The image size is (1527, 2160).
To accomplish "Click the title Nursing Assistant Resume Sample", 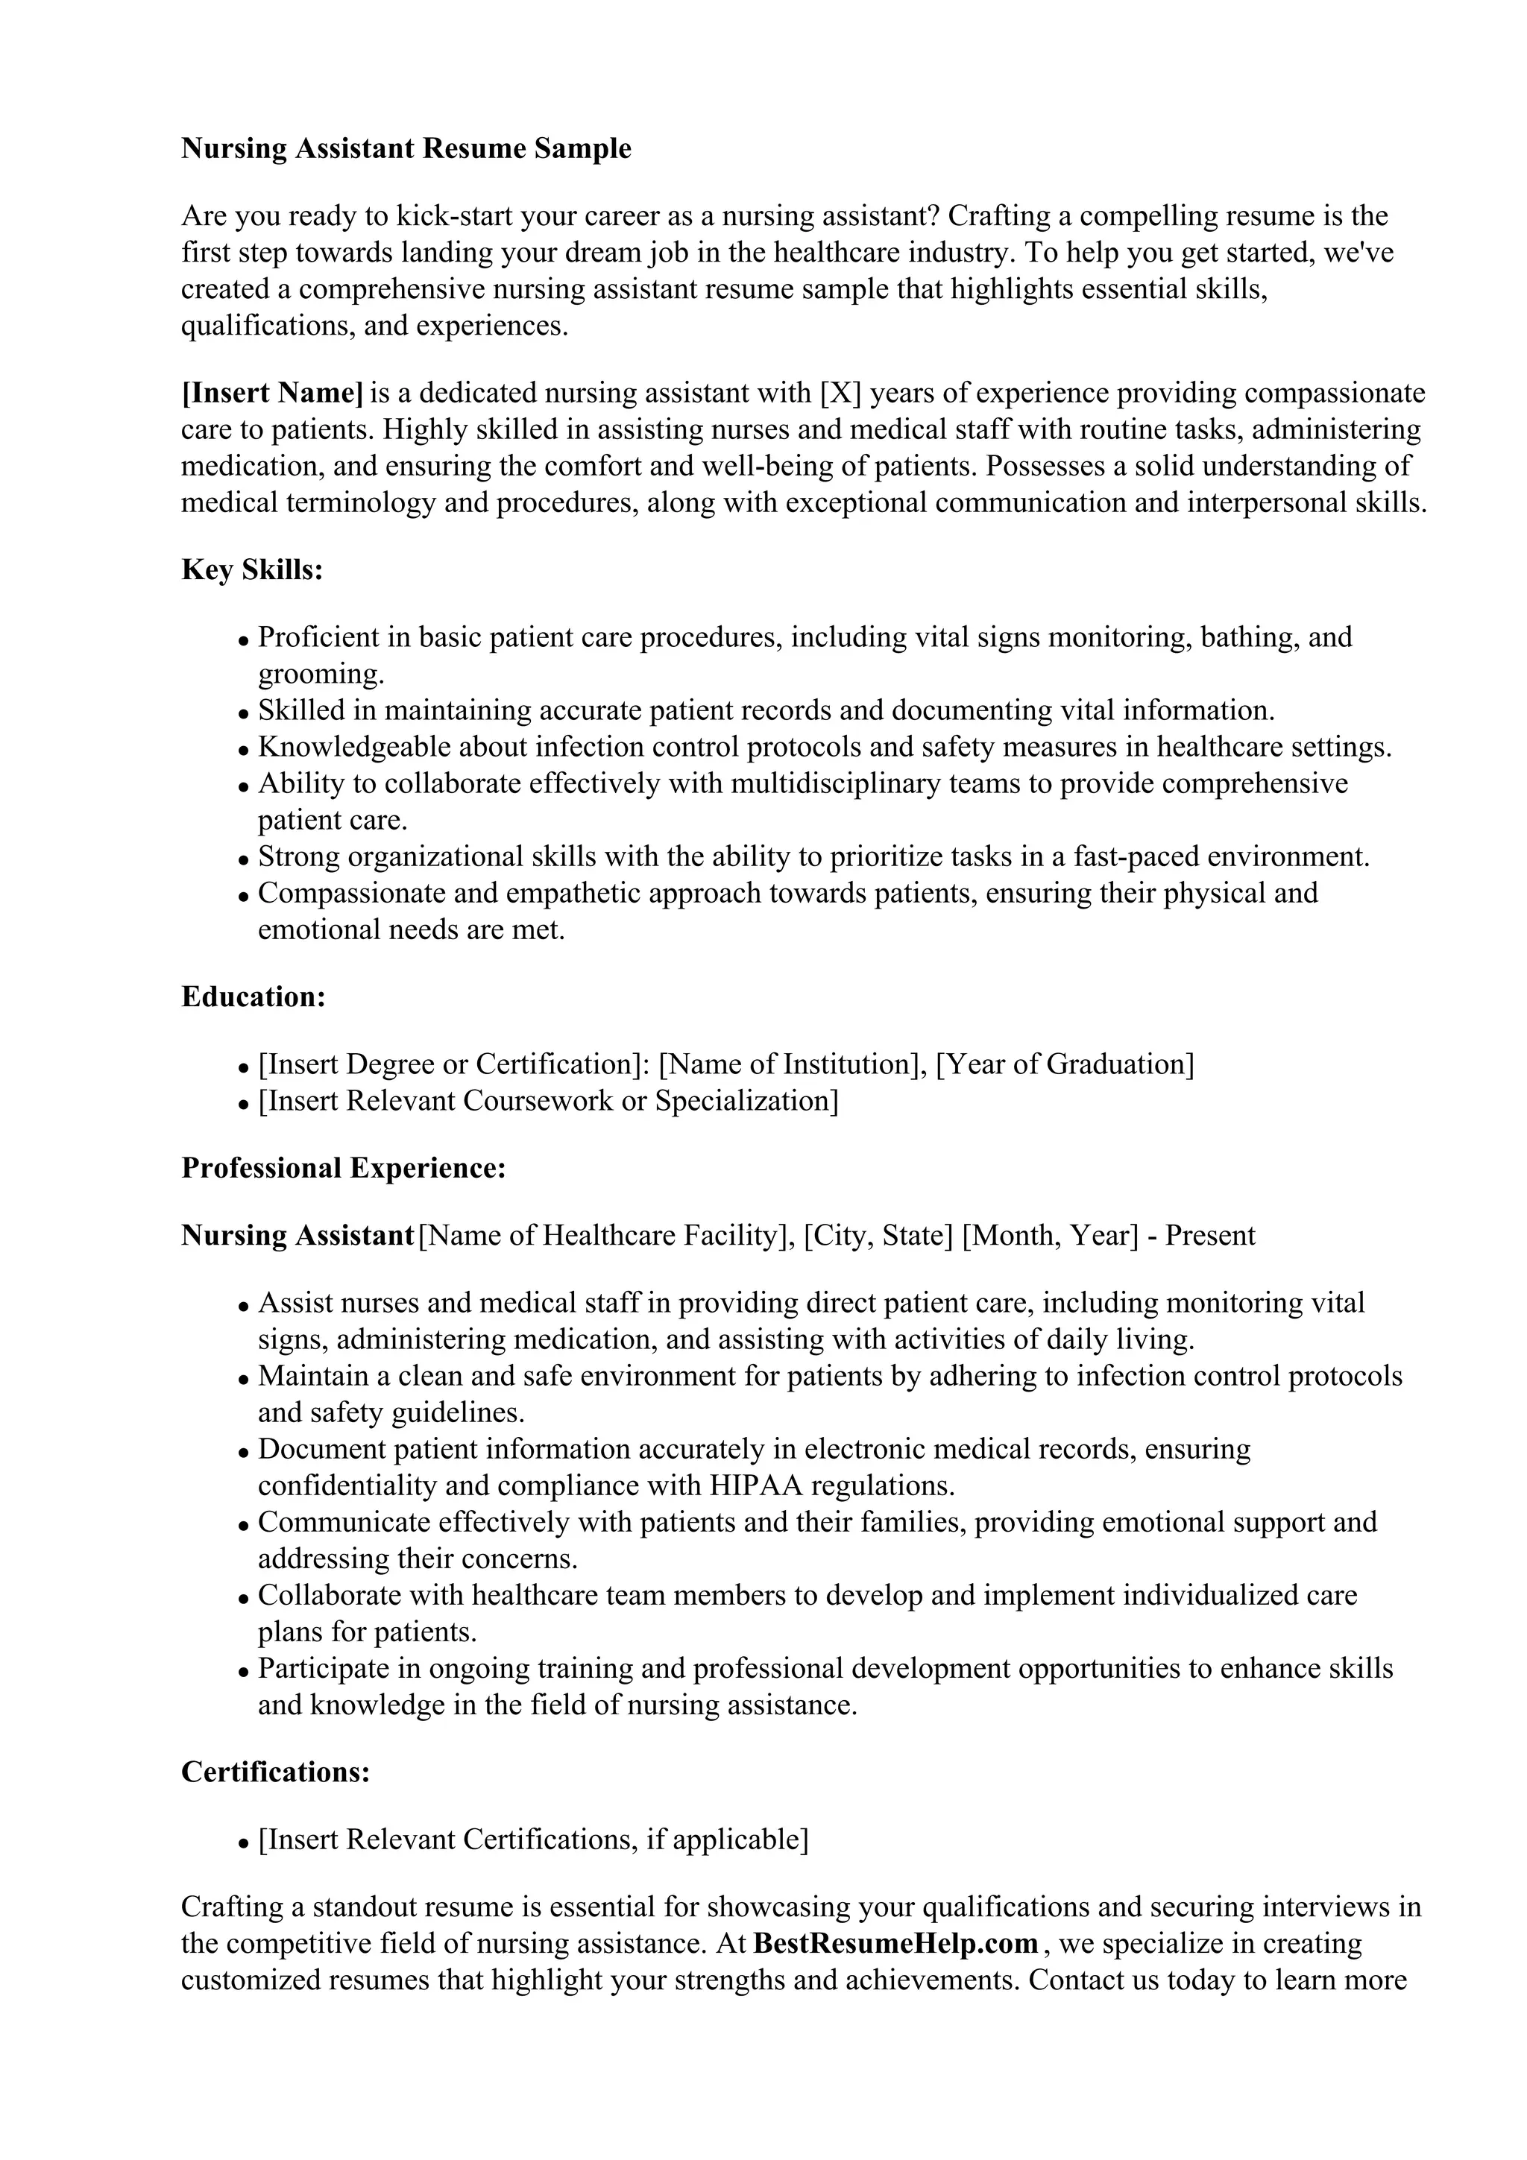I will pos(406,148).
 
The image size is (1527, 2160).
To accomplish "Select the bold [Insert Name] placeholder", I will pos(272,392).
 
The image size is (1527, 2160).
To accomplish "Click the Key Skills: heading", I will pos(252,570).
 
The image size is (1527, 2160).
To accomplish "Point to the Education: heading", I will pos(253,997).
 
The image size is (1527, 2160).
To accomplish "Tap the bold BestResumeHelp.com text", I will pos(895,1944).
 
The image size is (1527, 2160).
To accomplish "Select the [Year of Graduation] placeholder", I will pos(1065,1064).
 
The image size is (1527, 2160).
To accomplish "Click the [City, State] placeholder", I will pos(878,1235).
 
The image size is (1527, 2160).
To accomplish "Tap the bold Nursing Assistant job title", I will pos(297,1235).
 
